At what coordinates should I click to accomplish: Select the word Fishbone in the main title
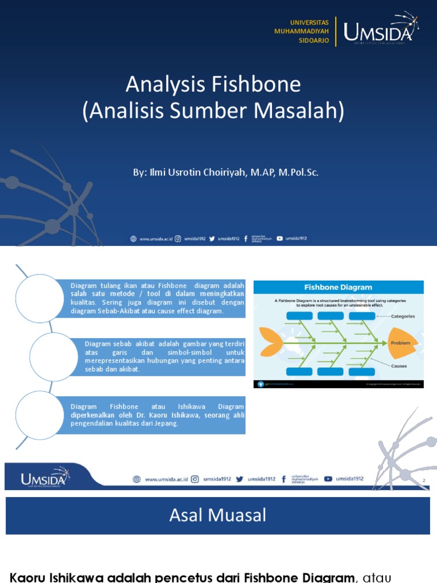pos(256,85)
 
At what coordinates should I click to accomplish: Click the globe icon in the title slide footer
pos(133,239)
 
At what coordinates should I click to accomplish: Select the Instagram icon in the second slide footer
pos(195,479)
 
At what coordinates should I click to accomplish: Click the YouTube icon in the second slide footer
pos(328,479)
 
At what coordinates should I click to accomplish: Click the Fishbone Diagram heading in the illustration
pos(338,288)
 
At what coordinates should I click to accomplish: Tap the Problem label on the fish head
pos(400,343)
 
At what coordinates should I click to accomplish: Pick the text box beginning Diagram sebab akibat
pos(164,356)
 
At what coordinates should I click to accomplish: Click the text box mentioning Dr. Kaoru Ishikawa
pos(157,414)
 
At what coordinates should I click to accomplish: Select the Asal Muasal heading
pos(218,516)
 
